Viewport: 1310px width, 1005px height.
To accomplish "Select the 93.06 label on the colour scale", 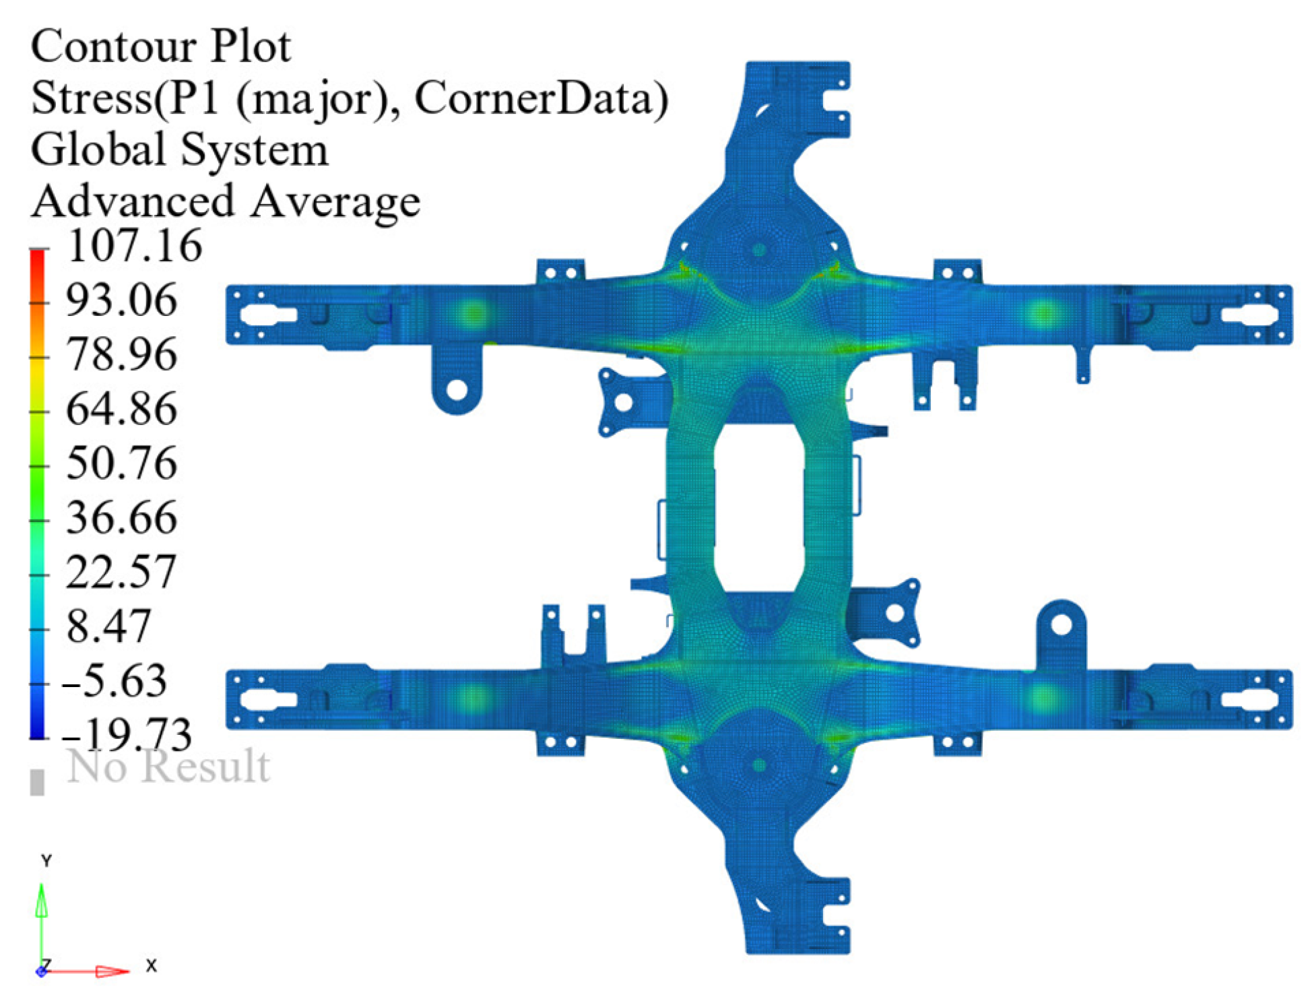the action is [x=122, y=300].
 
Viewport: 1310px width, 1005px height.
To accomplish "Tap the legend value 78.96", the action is [x=122, y=354].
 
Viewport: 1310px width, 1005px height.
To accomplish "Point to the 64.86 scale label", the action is [x=122, y=409].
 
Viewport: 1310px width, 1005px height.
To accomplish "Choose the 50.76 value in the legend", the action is [x=122, y=463].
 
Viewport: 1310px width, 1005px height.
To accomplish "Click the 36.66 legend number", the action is [x=122, y=518].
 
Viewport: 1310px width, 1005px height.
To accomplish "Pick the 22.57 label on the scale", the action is [x=121, y=573].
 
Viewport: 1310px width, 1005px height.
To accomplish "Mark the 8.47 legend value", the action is [x=108, y=627].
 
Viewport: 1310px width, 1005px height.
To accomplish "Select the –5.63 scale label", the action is [x=114, y=681].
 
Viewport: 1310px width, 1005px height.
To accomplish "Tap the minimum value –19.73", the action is [x=127, y=734].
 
